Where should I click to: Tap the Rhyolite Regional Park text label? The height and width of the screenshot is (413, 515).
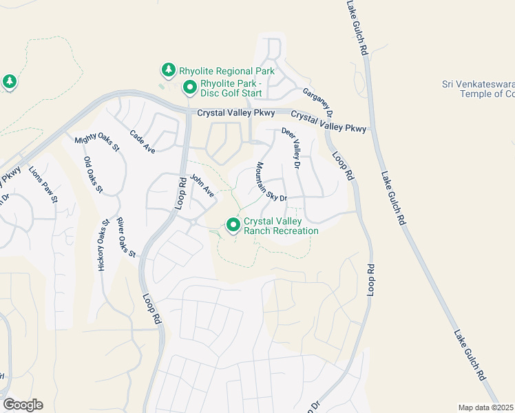pyautogui.click(x=227, y=71)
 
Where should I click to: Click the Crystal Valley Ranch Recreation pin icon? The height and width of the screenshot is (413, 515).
pyautogui.click(x=233, y=224)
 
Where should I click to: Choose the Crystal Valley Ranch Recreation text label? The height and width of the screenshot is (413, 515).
pyautogui.click(x=281, y=226)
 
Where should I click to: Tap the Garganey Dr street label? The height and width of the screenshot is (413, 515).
pyautogui.click(x=317, y=101)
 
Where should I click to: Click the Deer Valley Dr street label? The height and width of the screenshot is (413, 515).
pyautogui.click(x=291, y=148)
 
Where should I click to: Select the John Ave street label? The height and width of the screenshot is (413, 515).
pyautogui.click(x=202, y=184)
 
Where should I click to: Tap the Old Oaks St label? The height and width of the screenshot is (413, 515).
pyautogui.click(x=93, y=175)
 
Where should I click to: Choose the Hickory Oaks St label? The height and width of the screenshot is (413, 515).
pyautogui.click(x=103, y=245)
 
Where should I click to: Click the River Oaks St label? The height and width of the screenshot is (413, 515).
pyautogui.click(x=126, y=237)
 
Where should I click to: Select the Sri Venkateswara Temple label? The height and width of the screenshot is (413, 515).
pyautogui.click(x=478, y=89)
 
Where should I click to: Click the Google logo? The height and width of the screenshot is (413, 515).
pyautogui.click(x=23, y=405)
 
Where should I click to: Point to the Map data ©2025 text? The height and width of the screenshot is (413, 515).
pyautogui.click(x=486, y=407)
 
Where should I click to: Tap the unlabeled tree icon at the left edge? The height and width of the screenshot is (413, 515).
pyautogui.click(x=9, y=83)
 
